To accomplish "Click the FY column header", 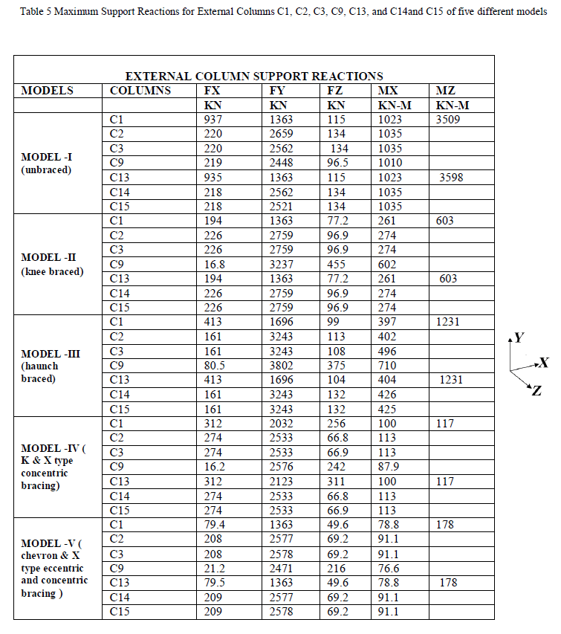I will [277, 91].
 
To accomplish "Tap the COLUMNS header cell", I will [140, 91].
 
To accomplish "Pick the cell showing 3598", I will [451, 177].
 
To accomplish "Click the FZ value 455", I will [337, 264].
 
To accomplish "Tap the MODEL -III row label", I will [51, 354].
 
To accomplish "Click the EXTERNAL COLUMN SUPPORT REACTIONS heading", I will [254, 76].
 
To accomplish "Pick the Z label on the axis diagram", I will [537, 392].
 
